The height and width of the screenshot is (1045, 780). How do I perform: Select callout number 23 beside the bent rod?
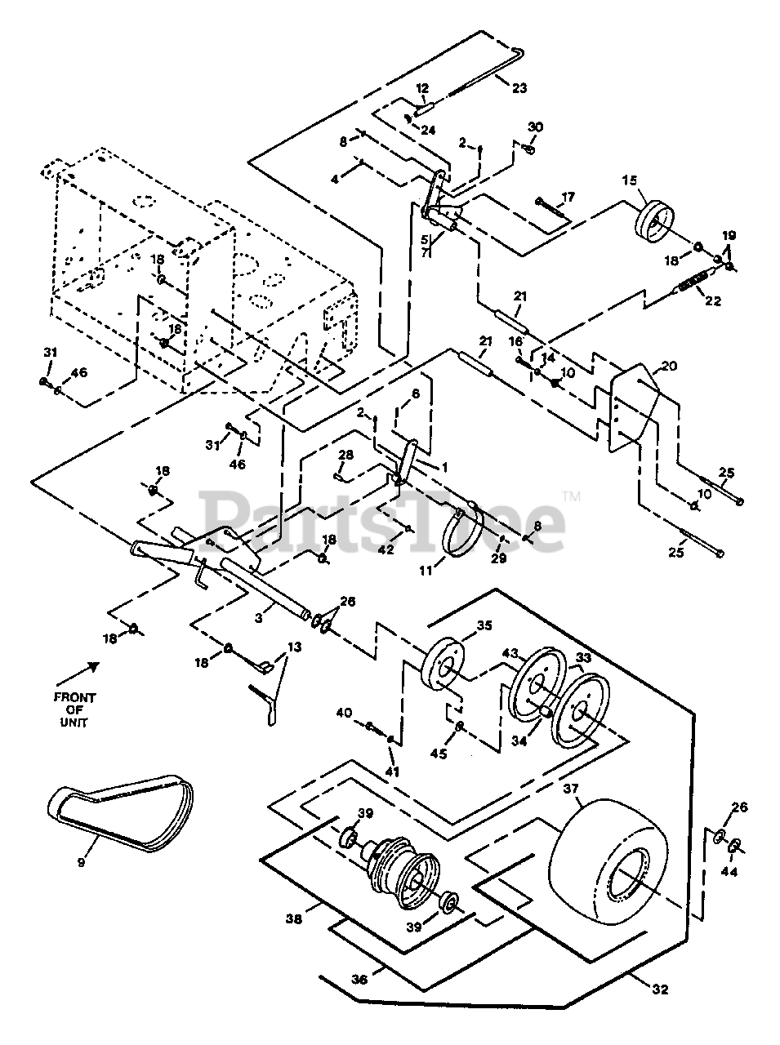pos(519,88)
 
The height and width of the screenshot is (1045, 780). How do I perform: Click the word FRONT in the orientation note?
pos(75,698)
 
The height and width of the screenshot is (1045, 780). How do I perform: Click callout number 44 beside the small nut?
pos(729,872)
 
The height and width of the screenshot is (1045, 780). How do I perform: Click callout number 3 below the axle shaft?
pos(259,618)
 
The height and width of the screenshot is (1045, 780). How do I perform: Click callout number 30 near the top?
pos(535,127)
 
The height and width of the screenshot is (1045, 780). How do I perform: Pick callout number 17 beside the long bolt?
pos(568,197)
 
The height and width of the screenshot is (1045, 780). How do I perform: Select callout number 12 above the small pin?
pos(422,88)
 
